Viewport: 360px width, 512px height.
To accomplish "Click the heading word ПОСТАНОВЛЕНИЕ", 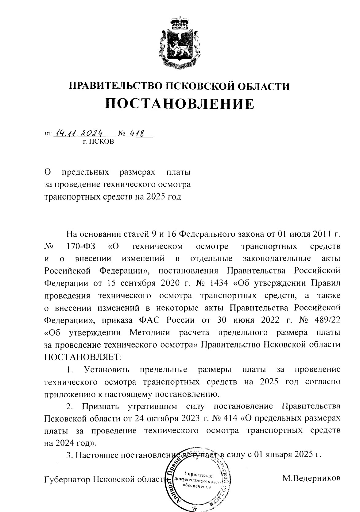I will pyautogui.click(x=180, y=104).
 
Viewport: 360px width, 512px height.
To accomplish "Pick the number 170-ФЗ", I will pyautogui.click(x=80, y=246).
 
